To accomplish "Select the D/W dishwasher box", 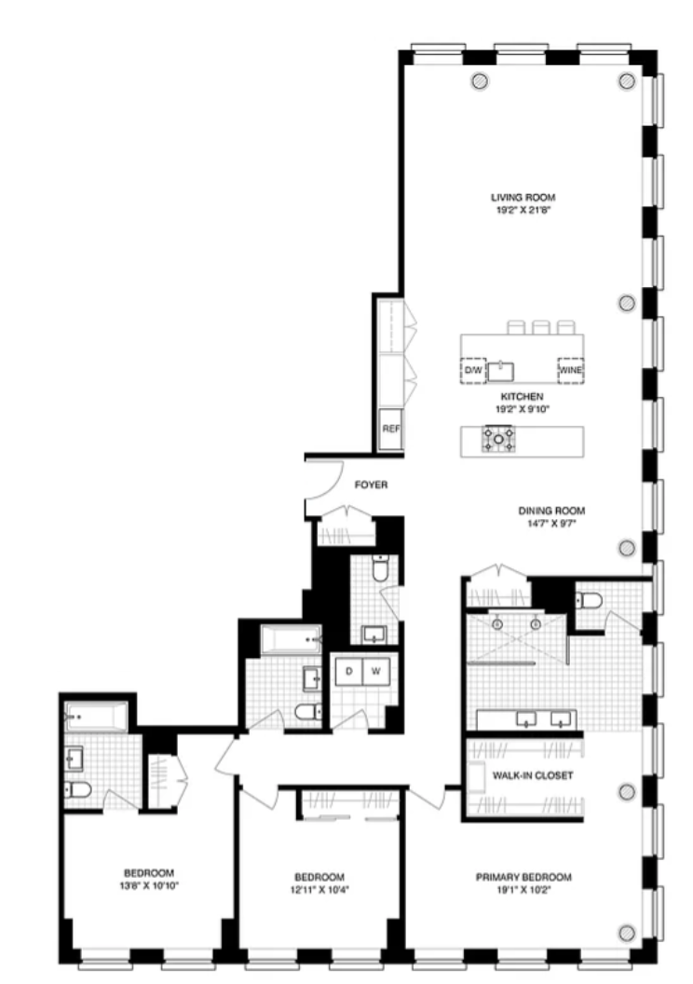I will (x=473, y=371).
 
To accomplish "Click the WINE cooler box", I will (x=570, y=371).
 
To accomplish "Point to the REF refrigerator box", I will (x=390, y=430).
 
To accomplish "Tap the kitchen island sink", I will (x=503, y=369).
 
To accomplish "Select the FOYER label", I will (x=371, y=485).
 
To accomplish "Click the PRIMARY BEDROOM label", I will (x=523, y=877).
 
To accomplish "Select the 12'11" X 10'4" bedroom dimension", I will (x=319, y=888).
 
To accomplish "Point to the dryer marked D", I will (x=348, y=671).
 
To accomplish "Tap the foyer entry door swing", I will (x=321, y=486).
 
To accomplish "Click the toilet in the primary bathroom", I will (x=586, y=600).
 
